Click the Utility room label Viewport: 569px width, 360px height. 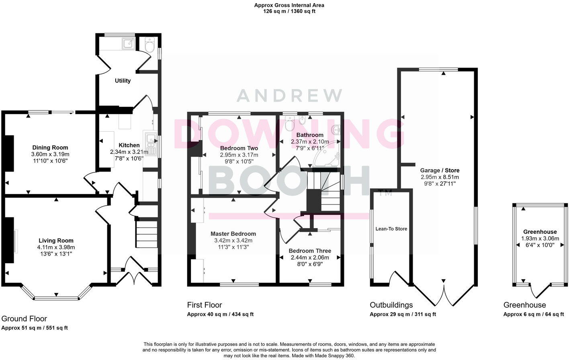(123, 81)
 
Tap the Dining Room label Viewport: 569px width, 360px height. (50, 147)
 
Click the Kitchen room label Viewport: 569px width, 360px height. (129, 145)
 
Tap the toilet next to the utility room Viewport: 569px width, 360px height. (149, 46)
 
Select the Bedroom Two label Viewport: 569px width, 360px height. (239, 148)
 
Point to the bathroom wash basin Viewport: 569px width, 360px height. (336, 129)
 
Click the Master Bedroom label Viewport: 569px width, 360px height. (233, 234)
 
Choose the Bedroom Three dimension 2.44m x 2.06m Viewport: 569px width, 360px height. (310, 258)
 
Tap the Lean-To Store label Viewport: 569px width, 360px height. (391, 229)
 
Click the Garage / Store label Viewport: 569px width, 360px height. (440, 170)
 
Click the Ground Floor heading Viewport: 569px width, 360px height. (24, 319)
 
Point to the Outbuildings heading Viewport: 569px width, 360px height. (391, 305)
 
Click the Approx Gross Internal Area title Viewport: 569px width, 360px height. (289, 5)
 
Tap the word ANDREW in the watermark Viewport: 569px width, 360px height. (289, 96)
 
